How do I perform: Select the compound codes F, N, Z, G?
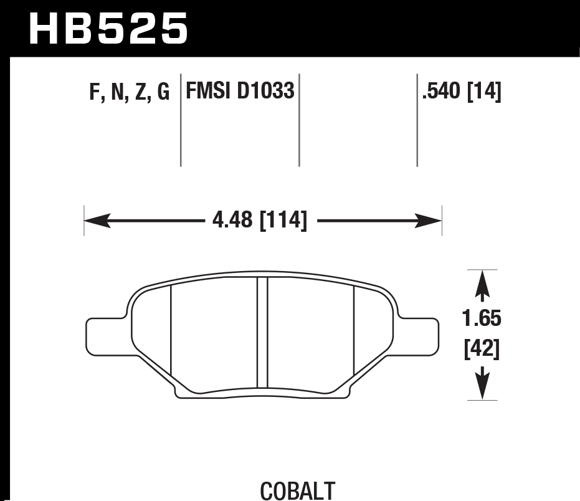130,93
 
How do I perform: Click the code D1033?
266,92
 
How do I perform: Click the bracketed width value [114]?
283,220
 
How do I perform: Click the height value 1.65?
482,319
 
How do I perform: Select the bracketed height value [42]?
482,350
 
